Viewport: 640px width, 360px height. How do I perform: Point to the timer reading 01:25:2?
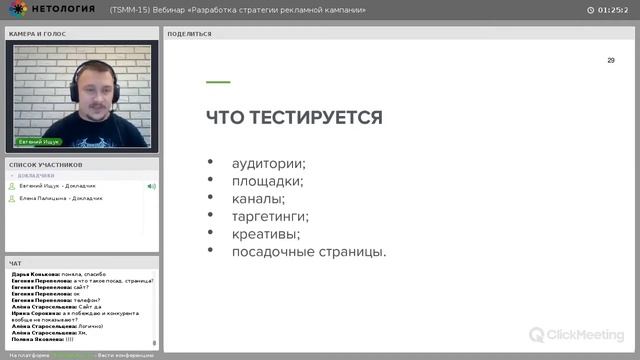pos(611,10)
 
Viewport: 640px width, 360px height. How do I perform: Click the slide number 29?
pos(611,61)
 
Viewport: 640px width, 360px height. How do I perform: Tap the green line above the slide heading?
pos(218,82)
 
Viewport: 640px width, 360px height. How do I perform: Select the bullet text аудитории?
pos(268,164)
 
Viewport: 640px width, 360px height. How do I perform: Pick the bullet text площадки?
pos(267,181)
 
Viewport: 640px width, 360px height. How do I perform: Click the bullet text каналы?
pos(258,198)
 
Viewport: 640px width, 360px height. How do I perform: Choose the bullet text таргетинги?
pos(270,216)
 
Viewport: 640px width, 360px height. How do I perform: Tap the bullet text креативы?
pos(265,233)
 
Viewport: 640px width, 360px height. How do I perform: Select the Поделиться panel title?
pos(190,33)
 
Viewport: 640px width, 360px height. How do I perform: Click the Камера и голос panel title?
pos(37,33)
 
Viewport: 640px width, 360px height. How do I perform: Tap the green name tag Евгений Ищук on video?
pos(39,142)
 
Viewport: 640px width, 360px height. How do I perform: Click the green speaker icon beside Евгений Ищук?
pos(151,186)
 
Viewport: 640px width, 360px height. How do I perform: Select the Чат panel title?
pos(15,263)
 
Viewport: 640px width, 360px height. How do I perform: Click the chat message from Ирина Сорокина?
pos(79,314)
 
